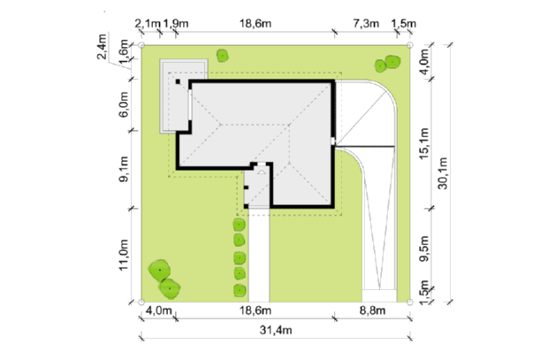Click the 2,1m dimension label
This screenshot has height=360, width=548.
(x=147, y=24)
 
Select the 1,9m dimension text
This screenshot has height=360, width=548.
(x=176, y=24)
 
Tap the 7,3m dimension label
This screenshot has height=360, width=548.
(x=366, y=24)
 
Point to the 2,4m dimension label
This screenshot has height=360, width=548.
(x=102, y=47)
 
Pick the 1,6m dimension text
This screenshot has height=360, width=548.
(x=124, y=52)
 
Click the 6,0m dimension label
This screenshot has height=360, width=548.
(x=124, y=104)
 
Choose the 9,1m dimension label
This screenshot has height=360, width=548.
(x=124, y=169)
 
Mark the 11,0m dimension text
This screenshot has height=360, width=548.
(x=124, y=255)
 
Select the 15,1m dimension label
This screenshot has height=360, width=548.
(x=423, y=144)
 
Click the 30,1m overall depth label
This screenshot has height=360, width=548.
(x=443, y=173)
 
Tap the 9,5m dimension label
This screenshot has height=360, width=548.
(x=423, y=249)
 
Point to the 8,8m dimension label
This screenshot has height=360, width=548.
(x=373, y=310)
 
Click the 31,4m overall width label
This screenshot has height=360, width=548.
(x=276, y=330)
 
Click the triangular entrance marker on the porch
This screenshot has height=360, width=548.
(x=262, y=172)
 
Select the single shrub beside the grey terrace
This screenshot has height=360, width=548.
(x=222, y=56)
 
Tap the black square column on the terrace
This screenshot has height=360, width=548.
(x=178, y=81)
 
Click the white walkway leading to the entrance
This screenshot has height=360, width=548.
(x=259, y=255)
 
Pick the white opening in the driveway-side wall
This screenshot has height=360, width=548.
(x=333, y=142)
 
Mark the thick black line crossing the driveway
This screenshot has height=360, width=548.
(x=365, y=146)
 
